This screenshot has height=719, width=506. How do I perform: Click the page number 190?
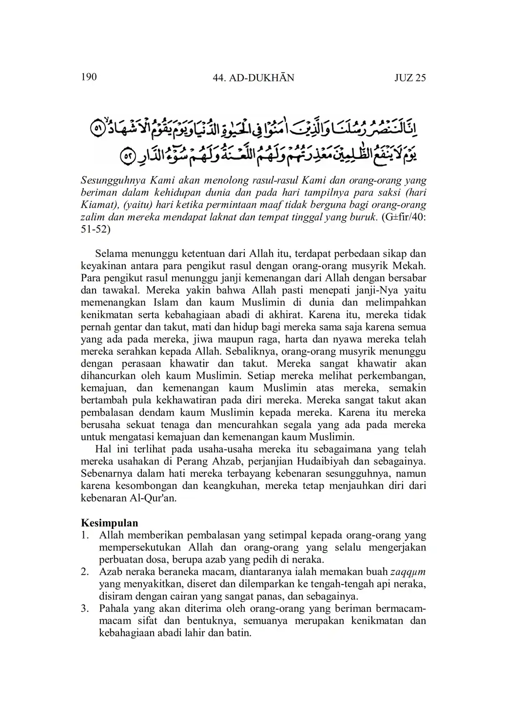tap(89, 77)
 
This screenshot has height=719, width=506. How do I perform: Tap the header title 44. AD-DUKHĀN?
tap(253, 78)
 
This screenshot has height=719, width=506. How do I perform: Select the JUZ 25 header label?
tap(410, 78)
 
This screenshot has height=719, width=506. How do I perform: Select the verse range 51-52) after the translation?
tap(96, 230)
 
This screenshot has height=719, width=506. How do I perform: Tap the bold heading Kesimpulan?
tap(109, 523)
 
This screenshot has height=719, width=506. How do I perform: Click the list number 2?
tap(85, 572)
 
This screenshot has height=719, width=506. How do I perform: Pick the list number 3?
tap(85, 609)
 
